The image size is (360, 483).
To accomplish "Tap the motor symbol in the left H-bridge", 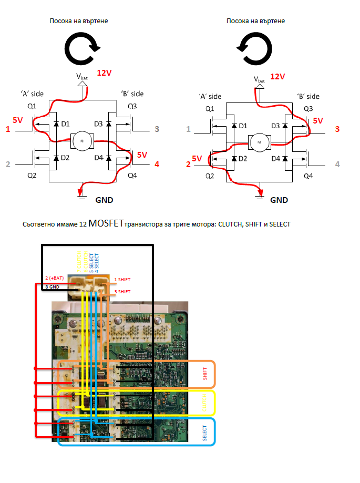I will tap(81, 140).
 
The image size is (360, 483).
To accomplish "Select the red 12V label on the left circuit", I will tap(105, 73).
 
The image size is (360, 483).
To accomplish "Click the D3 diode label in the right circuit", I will tap(275, 126).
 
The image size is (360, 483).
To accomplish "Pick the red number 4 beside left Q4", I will tap(157, 165).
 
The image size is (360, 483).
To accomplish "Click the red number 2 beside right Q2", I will tap(188, 165).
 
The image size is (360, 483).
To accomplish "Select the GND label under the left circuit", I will tap(104, 200).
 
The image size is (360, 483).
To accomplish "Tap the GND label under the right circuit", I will tap(279, 200).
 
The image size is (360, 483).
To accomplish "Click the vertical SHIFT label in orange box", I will tap(205, 374).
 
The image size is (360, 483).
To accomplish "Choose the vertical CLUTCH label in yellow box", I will tap(205, 403).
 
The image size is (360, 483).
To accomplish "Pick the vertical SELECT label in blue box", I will tap(205, 432).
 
